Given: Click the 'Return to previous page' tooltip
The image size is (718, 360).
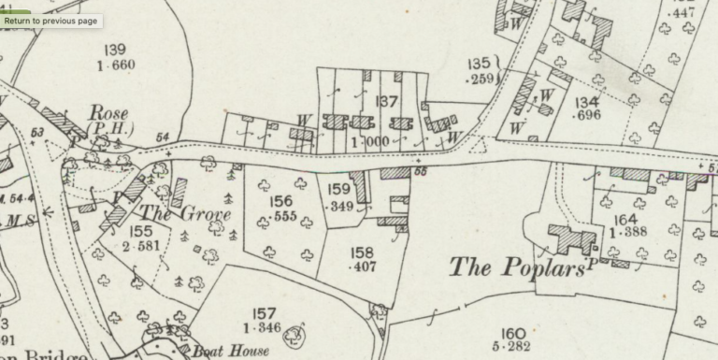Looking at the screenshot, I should tap(50, 21).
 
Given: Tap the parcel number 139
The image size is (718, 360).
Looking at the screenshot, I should tap(116, 50).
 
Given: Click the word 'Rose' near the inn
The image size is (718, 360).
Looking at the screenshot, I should tap(108, 112).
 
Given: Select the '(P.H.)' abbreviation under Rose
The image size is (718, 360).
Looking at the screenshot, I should tap(109, 128).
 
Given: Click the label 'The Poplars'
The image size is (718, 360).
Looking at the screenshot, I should tap(518, 266).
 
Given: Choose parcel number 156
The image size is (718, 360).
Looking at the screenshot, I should tap(280, 201).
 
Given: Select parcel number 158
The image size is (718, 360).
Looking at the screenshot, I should tap(361, 252).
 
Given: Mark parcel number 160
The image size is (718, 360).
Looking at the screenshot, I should tap(512, 333).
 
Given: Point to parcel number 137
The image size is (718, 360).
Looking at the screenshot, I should tap(387, 102).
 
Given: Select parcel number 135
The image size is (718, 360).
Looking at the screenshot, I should tap(479, 64).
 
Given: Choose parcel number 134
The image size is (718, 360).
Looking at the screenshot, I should tap(588, 101).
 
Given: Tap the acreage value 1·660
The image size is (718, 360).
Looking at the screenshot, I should tap(116, 65).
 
